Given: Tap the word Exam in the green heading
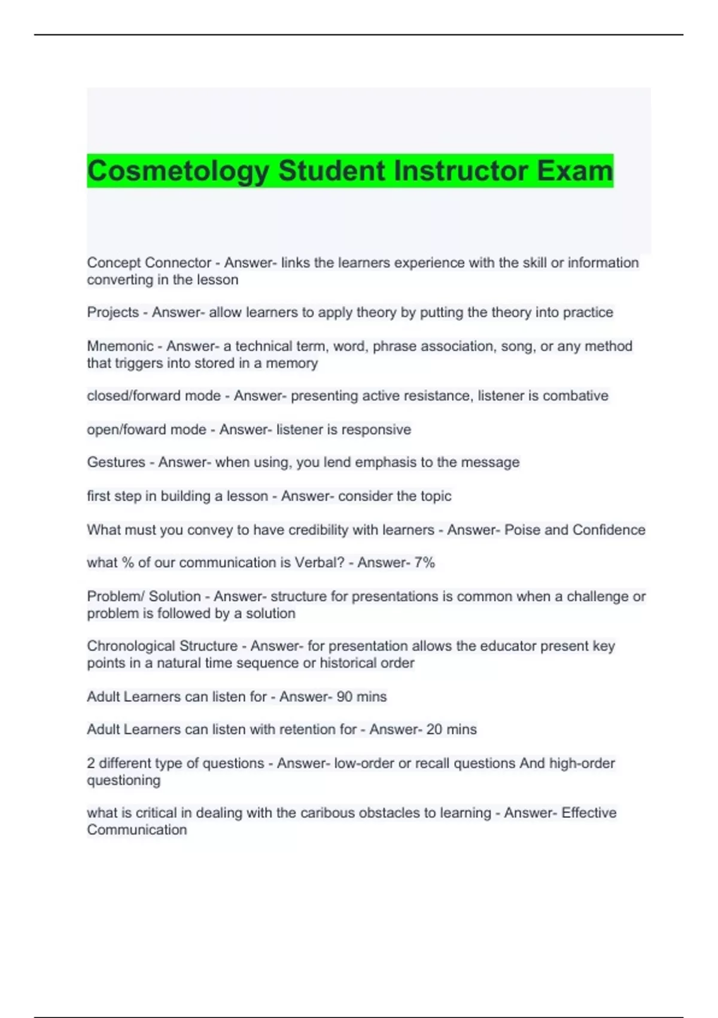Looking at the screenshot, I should [x=574, y=171].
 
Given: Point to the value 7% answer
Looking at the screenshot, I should [x=424, y=563].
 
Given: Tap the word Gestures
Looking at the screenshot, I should [x=116, y=462].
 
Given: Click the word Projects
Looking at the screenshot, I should [x=113, y=313].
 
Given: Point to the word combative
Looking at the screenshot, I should [x=575, y=396].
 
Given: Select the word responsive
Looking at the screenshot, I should [x=377, y=429].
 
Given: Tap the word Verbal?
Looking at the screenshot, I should [x=320, y=563].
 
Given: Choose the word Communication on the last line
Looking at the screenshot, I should [x=137, y=830].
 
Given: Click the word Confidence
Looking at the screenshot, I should [x=609, y=530].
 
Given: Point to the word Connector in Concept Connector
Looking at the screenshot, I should [x=178, y=263].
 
